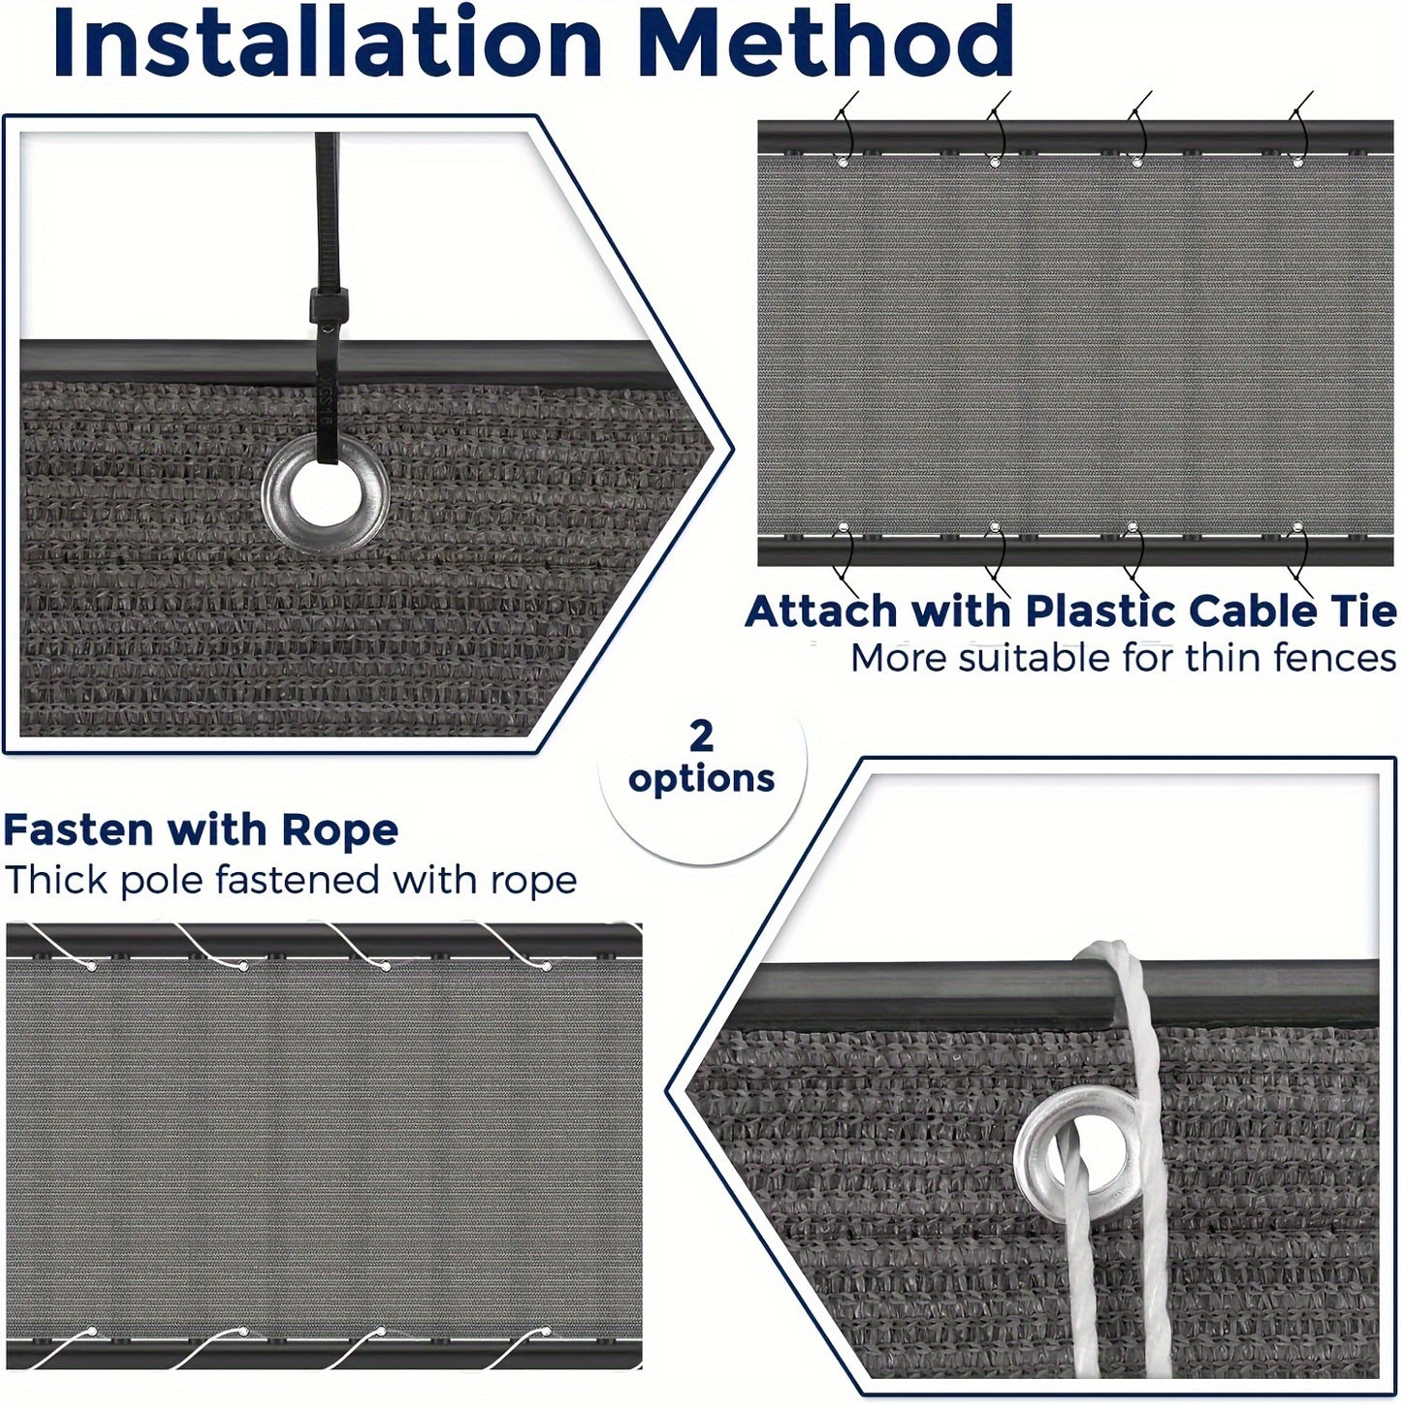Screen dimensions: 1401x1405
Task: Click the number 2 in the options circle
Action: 701,736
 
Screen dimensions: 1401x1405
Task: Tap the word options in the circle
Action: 701,779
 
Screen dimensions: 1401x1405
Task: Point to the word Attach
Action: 821,611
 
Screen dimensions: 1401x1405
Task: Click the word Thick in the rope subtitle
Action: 57,880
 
